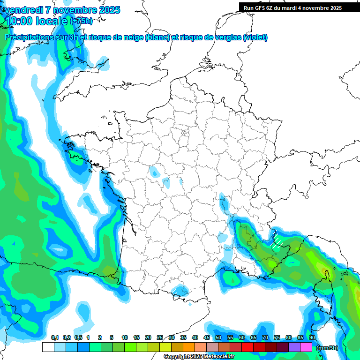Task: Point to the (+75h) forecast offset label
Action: tap(81, 21)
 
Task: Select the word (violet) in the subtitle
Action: tap(255, 37)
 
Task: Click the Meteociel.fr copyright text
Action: tap(199, 357)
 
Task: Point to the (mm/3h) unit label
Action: tap(327, 348)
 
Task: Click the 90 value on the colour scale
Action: tap(312, 337)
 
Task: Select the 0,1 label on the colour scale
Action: tap(55, 337)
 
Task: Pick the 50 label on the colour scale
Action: tap(218, 337)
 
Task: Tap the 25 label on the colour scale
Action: tap(160, 337)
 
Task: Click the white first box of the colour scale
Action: tap(48, 347)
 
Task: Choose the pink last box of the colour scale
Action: tap(306, 347)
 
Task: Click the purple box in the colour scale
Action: tap(294, 347)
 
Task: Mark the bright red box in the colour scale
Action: tap(247, 347)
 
